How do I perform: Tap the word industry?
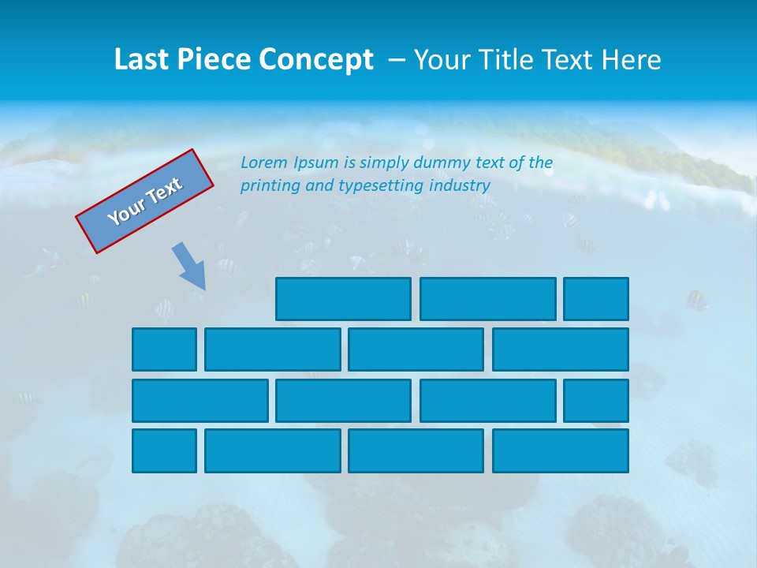(460, 186)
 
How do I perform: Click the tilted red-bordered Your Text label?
(145, 201)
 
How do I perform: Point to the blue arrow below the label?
(190, 266)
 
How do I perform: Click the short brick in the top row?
(596, 299)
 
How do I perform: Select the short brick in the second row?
(164, 349)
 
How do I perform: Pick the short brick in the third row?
(596, 401)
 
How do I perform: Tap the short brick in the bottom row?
(164, 451)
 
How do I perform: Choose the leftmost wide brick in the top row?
(343, 299)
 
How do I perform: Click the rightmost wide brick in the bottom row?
(561, 451)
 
